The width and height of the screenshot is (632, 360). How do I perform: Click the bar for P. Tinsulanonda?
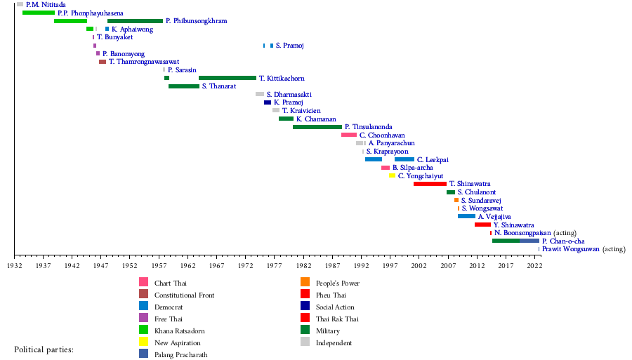click(x=317, y=127)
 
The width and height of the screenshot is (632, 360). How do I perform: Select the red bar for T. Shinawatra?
click(x=430, y=184)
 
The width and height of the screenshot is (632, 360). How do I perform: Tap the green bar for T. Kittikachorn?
click(x=228, y=78)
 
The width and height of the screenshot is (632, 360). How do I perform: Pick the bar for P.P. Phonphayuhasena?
click(x=39, y=13)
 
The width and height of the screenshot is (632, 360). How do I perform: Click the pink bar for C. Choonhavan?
click(x=349, y=135)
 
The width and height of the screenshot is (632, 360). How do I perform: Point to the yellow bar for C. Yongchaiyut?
click(x=393, y=175)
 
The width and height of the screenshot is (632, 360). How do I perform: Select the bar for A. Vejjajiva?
click(x=466, y=216)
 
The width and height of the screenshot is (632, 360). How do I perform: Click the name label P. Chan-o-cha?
click(x=563, y=241)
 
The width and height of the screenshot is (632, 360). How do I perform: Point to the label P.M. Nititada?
click(x=46, y=5)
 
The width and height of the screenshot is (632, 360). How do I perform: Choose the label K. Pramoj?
click(x=288, y=102)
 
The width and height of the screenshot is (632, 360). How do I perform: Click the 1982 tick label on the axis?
click(x=303, y=267)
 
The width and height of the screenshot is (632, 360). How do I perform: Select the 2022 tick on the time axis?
click(x=534, y=267)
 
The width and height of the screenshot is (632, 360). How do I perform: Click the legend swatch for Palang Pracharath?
click(x=143, y=354)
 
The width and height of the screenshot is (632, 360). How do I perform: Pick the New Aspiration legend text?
click(x=177, y=342)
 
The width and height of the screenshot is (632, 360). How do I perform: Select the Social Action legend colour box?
click(x=305, y=307)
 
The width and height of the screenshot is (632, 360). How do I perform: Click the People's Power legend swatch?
click(x=305, y=282)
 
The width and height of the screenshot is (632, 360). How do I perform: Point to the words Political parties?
click(x=44, y=349)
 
